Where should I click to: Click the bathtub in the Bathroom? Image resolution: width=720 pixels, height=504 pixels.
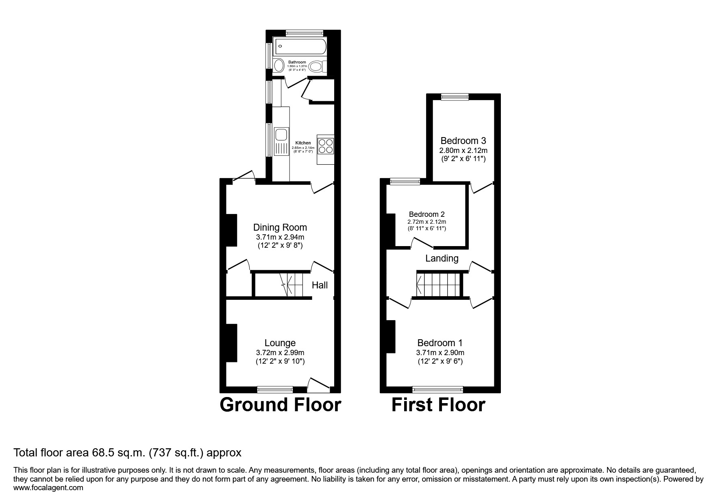click(300, 47)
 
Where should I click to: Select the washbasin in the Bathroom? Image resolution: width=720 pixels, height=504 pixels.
click(278, 65)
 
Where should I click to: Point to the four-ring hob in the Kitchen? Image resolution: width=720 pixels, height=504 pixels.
click(325, 146)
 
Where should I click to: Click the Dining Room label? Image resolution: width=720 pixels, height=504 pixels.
click(280, 227)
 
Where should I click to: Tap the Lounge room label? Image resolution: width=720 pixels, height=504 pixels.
click(280, 343)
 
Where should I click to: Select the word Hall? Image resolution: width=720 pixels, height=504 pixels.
click(320, 285)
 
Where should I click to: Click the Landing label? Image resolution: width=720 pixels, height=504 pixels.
click(442, 258)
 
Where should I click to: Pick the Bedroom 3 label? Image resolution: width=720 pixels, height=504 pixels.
click(463, 141)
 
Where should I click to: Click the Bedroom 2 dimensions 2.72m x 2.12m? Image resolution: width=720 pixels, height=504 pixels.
click(427, 222)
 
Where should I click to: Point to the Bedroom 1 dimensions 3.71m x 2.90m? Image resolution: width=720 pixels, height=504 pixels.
click(440, 353)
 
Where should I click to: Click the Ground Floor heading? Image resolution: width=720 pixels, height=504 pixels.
click(281, 405)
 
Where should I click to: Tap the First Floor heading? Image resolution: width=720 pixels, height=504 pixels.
click(438, 405)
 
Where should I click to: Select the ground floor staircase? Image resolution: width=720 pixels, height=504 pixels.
click(293, 284)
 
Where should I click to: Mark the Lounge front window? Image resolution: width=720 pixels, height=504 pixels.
click(275, 390)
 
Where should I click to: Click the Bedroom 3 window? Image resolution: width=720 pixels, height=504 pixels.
click(455, 97)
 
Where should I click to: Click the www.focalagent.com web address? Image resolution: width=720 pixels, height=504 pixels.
click(48, 488)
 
